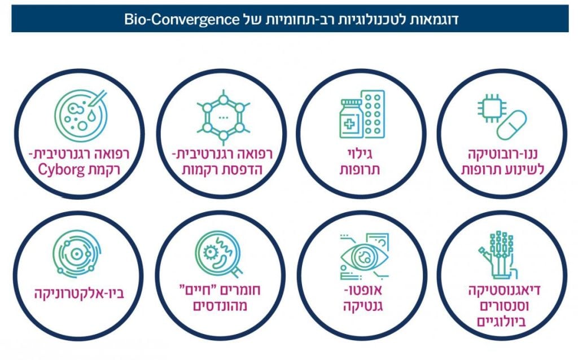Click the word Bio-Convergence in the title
pos(182,19)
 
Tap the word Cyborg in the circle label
pos(57,170)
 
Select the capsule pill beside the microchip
pos(511,125)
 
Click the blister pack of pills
pos(373,114)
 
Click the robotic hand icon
pos(498,254)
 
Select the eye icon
pos(365,256)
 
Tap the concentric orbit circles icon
pos(77,254)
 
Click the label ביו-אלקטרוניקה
pos(79,293)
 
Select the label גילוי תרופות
pos(360,162)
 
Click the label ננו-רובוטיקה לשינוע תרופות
pos(502,162)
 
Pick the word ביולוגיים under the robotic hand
pos(501,322)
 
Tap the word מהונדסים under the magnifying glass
pos(220,305)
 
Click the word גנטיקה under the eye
pos(363,306)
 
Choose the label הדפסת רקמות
pos(222,169)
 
